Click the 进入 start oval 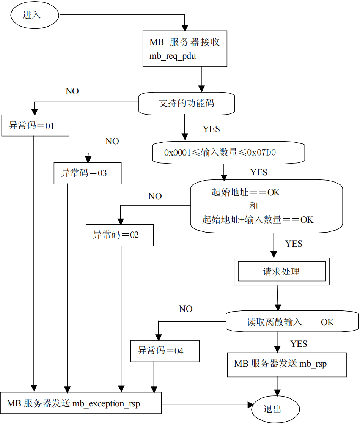pos(35,16)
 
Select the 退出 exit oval pos(275,409)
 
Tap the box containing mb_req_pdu pos(185,49)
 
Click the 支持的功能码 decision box pos(187,103)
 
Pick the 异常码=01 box pos(35,126)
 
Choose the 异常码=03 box pos(87,173)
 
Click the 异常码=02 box pos(119,235)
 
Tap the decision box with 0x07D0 pos(228,153)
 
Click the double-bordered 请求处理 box pos(281,272)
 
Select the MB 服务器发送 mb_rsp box pos(286,364)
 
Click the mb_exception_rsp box pos(81,403)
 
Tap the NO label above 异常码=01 pos(72,91)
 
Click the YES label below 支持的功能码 pos(211,129)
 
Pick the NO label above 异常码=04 pos(186,309)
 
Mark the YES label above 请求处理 pos(294,244)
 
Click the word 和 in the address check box pos(253,206)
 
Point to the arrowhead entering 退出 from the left pos(250,405)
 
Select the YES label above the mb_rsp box pos(299,344)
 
